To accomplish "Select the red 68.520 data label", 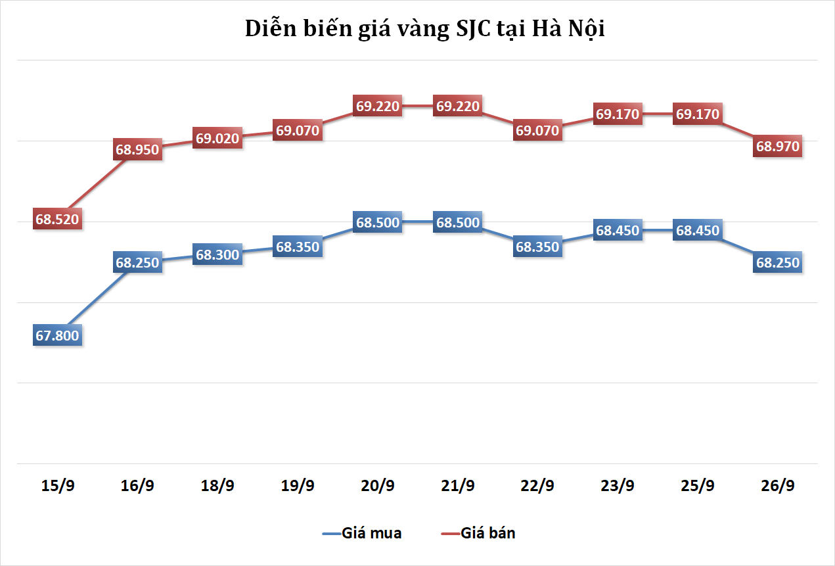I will pyautogui.click(x=57, y=220).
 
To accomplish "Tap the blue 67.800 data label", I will pyautogui.click(x=57, y=336).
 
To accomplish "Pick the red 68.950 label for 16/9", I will pyautogui.click(x=137, y=149).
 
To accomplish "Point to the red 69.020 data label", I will pyautogui.click(x=217, y=138).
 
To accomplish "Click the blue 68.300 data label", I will pyautogui.click(x=217, y=254).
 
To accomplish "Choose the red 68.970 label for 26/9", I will pyautogui.click(x=778, y=147).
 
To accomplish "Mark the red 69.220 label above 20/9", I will pyautogui.click(x=378, y=106).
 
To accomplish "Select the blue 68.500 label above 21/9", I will pyautogui.click(x=458, y=222).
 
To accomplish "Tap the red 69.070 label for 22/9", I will pyautogui.click(x=538, y=130).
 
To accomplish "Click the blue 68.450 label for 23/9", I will pyautogui.click(x=618, y=231).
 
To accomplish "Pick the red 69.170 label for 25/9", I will pyautogui.click(x=698, y=114).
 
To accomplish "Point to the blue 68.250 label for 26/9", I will pyautogui.click(x=778, y=263).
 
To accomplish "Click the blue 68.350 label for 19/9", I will pyautogui.click(x=298, y=247).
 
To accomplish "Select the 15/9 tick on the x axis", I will pyautogui.click(x=57, y=486).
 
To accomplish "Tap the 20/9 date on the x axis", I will pyautogui.click(x=378, y=486).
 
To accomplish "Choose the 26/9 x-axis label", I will pyautogui.click(x=778, y=486).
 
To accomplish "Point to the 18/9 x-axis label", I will pyautogui.click(x=217, y=486).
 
